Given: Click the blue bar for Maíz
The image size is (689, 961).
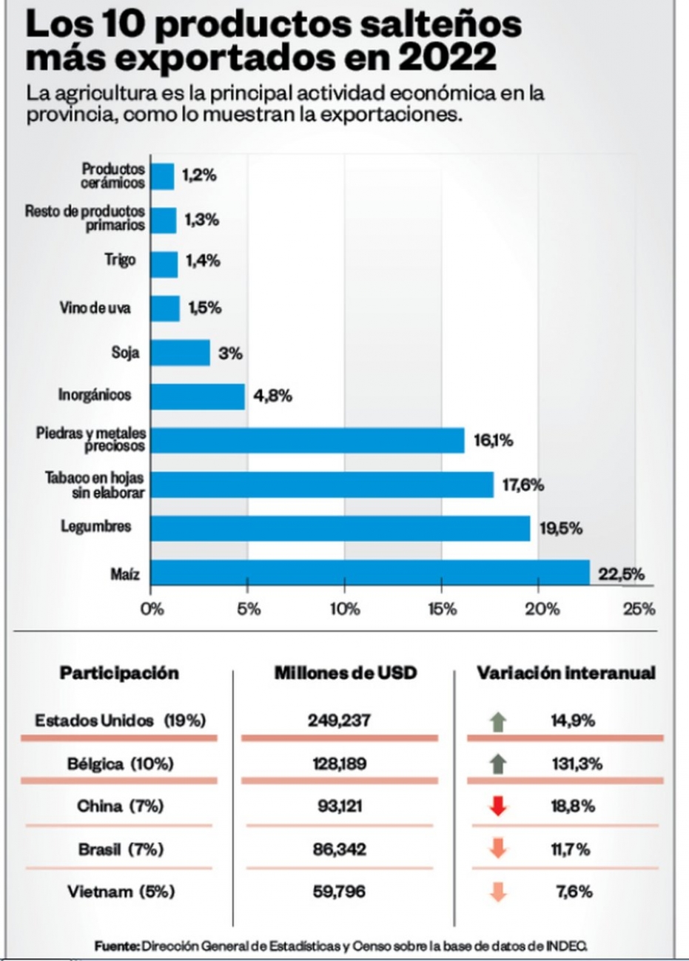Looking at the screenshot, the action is [x=370, y=573].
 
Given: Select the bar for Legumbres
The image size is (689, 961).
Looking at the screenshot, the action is [x=340, y=528].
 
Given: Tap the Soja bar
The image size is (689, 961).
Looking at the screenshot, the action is [x=181, y=353].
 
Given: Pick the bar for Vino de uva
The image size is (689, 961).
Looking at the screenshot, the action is [x=165, y=308].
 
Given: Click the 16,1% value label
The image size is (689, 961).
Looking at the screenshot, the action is [x=493, y=441].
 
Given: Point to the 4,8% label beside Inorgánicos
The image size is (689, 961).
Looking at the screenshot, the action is [x=272, y=396].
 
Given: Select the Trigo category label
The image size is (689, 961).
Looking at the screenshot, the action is [x=120, y=260].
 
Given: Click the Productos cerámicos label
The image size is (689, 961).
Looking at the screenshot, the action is [x=112, y=175].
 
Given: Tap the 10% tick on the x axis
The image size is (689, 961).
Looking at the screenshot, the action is [x=345, y=609].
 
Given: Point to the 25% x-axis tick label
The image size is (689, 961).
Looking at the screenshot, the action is [x=639, y=609].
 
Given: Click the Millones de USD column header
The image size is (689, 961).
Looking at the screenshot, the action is [x=346, y=672].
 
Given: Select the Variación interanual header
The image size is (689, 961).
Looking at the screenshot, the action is [x=566, y=672].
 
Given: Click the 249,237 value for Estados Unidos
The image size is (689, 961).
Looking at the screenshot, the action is [x=339, y=721].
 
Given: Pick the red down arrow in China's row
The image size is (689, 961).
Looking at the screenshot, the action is [x=497, y=806].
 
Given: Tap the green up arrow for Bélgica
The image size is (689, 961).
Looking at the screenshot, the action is [x=497, y=764].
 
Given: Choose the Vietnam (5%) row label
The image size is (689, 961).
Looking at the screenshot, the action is [x=121, y=891].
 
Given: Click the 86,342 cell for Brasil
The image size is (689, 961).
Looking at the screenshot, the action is [x=339, y=849].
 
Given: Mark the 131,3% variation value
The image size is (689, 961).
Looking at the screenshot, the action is [x=577, y=764].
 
